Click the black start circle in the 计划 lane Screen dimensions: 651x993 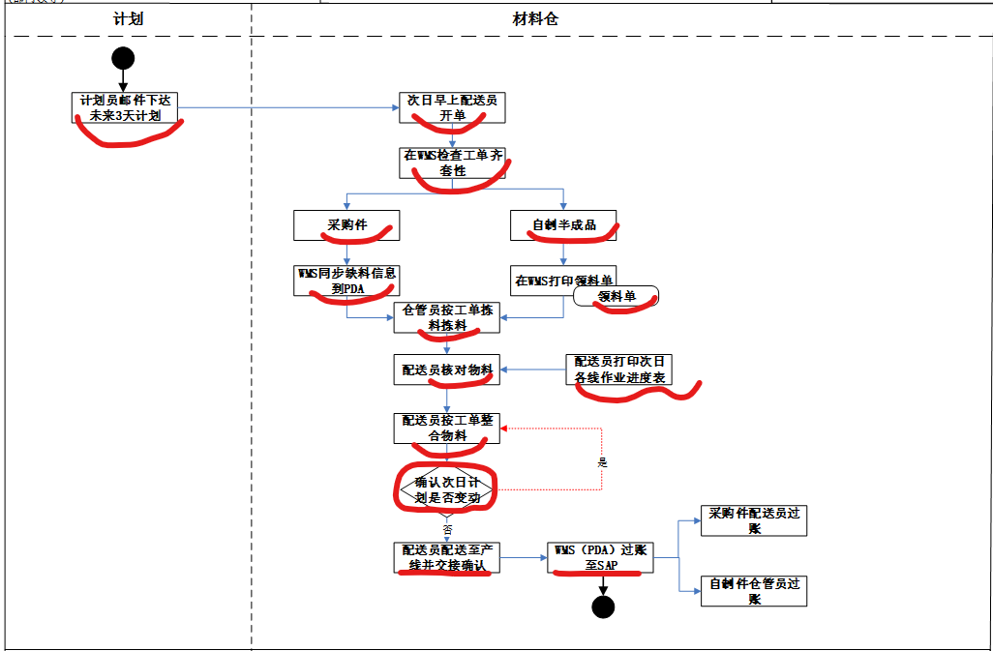click(x=123, y=58)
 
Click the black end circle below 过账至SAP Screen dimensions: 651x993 click(x=603, y=607)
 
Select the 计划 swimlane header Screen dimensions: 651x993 click(x=128, y=18)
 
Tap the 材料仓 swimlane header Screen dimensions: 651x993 click(x=535, y=18)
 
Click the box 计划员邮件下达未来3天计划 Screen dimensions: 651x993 click(x=126, y=107)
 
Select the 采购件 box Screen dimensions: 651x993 click(x=346, y=225)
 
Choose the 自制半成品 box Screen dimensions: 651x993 click(x=563, y=225)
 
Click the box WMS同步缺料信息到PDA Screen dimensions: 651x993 click(x=346, y=281)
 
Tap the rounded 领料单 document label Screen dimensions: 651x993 click(x=616, y=296)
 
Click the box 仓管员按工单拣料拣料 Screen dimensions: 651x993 click(x=446, y=317)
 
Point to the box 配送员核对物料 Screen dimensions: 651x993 click(x=446, y=369)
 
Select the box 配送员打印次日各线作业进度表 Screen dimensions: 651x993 click(x=618, y=370)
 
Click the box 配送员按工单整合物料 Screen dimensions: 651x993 click(x=446, y=429)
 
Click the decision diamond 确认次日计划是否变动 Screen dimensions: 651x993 click(x=446, y=489)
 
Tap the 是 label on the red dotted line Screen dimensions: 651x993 click(x=602, y=462)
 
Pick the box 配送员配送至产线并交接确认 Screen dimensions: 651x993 click(x=446, y=557)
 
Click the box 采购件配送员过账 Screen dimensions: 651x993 click(x=754, y=520)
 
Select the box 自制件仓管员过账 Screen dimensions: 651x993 click(x=754, y=591)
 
